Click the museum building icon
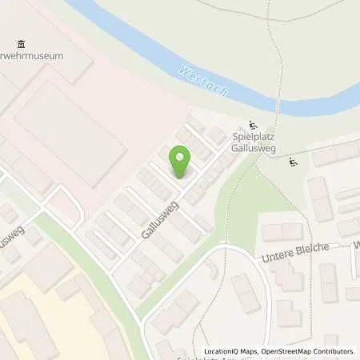coord(21,43)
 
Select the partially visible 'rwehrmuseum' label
coord(43,56)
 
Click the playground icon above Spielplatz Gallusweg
coord(254,124)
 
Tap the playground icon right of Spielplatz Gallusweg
coord(293,162)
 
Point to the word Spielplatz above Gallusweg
coord(250,138)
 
